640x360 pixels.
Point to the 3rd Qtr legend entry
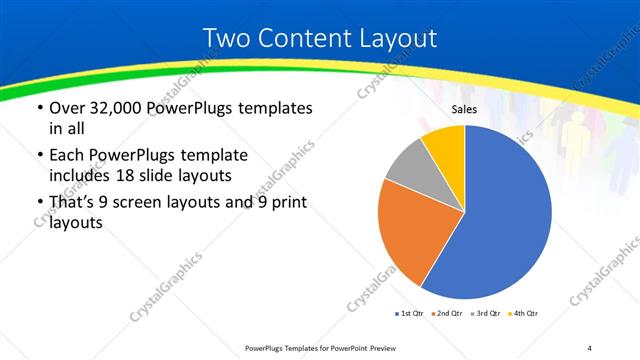[x=483, y=314]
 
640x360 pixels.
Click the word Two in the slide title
[x=225, y=39]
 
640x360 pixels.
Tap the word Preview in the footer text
[x=390, y=348]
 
